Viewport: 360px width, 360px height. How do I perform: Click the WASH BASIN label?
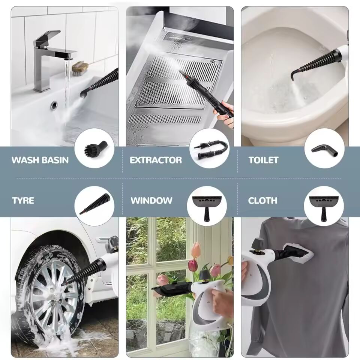[40, 160]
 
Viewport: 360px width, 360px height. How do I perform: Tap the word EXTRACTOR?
[156, 160]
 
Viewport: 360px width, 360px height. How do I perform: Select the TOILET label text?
[263, 160]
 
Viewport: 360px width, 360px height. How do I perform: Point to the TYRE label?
[23, 200]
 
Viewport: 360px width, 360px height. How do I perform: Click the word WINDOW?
[151, 200]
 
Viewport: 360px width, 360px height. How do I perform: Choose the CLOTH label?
[262, 200]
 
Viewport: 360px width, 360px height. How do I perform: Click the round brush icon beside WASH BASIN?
[94, 148]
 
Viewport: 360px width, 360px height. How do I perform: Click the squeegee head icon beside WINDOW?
[207, 206]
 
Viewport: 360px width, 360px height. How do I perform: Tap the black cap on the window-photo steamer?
[204, 276]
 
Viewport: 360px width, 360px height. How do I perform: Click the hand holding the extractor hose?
[225, 113]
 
